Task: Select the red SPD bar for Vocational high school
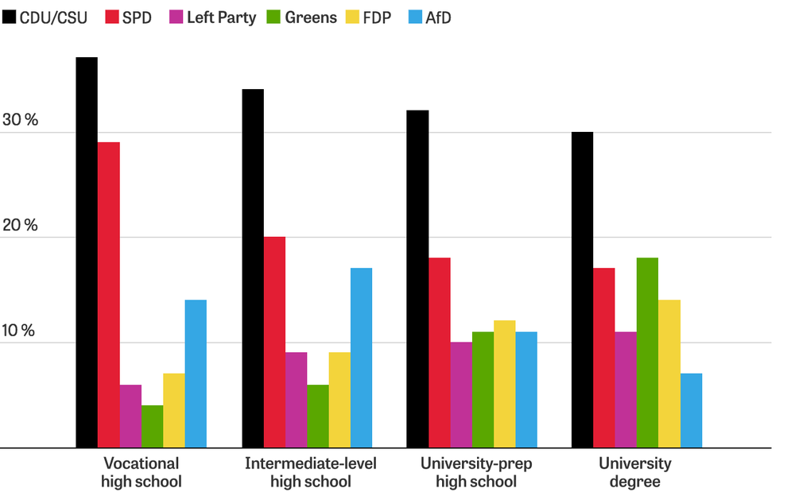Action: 109,295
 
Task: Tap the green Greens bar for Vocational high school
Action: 153,427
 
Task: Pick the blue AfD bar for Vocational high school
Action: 196,374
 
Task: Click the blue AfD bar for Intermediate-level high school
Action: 361,358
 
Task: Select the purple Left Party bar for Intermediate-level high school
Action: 296,400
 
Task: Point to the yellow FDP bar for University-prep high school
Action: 504,384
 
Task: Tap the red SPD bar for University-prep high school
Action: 439,352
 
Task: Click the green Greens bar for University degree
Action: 647,352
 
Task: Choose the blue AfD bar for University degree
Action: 691,410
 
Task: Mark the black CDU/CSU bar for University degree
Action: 582,289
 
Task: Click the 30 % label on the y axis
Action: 21,121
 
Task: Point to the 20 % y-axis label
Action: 21,226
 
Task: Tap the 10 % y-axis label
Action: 21,331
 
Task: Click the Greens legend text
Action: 311,17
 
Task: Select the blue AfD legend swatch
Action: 414,17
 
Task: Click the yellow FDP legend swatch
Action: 351,17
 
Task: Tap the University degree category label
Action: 635,472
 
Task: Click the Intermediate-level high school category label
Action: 310,472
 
